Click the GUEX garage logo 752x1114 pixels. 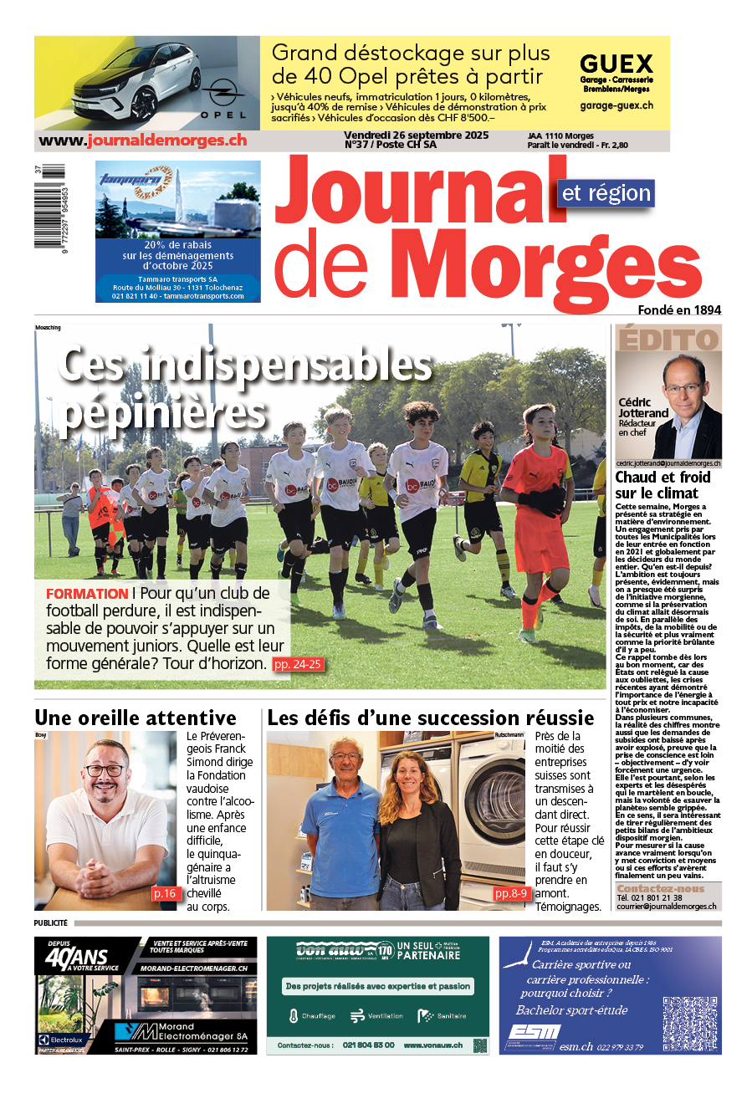click(x=616, y=65)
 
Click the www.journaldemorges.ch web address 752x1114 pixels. click(x=143, y=141)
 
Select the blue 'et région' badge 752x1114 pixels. click(x=606, y=193)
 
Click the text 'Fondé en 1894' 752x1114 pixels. click(x=679, y=310)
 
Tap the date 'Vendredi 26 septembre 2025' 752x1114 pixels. click(x=416, y=135)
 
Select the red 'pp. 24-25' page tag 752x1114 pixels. click(x=297, y=664)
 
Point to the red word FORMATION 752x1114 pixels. click(x=87, y=594)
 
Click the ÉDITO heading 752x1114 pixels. click(x=668, y=340)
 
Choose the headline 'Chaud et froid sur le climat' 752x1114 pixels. click(x=663, y=485)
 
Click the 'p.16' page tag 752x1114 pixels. click(x=165, y=893)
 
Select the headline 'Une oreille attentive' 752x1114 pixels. click(x=136, y=718)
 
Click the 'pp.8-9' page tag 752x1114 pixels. click(x=511, y=893)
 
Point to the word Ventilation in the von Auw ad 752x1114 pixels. click(x=385, y=1016)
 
